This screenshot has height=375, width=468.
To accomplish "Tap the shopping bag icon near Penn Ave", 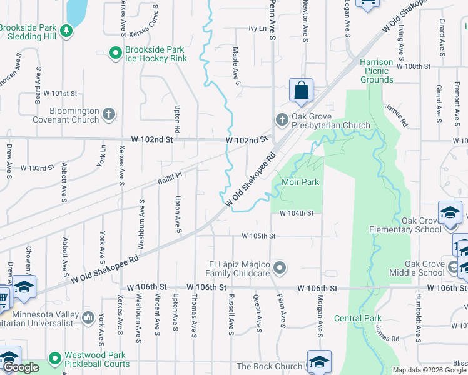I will pos(302,90).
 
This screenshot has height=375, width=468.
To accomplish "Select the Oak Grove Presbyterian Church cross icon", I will pos(282,119).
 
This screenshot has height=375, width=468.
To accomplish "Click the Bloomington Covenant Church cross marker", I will pos(109,114).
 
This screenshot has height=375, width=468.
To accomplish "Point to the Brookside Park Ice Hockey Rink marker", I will pos(114,54).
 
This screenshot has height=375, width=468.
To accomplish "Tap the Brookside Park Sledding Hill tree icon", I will pos(64,30).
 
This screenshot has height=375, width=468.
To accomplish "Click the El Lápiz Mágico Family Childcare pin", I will pos(280,268).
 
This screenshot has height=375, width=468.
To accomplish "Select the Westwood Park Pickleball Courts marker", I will pos(55,359).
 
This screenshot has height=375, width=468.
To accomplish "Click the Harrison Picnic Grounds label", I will pos(377,71).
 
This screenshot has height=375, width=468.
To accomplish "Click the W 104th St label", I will pos(296,213).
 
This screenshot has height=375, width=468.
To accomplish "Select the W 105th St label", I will pos(259,236).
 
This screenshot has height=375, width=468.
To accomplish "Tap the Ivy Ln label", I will pos(257,28).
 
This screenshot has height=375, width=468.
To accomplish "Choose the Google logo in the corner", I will pos(21,367).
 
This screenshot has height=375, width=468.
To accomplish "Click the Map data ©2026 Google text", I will pos(429,370).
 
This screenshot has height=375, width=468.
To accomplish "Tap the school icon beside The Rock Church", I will pos(318,362).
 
